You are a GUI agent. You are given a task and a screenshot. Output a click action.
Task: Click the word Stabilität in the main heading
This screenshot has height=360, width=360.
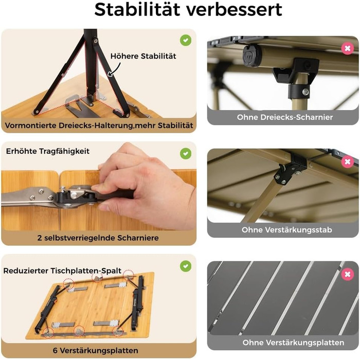pos(137,9)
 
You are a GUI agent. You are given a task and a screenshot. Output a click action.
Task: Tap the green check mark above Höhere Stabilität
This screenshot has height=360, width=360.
pos(186,41)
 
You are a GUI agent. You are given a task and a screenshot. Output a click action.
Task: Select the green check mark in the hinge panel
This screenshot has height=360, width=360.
pos(186,153)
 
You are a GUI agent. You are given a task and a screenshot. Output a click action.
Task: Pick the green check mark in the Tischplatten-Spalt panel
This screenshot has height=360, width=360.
pos(186,266)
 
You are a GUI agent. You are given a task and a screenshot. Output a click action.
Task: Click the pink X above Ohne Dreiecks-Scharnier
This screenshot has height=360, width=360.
pos(348,48)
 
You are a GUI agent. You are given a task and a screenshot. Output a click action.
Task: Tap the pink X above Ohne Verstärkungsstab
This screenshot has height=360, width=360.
pos(348,161)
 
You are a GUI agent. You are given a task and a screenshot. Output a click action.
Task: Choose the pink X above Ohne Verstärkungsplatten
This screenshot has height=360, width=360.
pos(348,274)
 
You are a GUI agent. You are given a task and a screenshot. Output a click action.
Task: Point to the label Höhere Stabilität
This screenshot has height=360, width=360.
pos(143,56)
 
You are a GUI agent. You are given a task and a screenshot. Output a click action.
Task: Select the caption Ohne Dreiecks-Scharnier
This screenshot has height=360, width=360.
pos(285,117)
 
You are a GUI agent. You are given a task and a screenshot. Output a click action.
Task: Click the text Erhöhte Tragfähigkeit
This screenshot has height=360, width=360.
pos(48,151)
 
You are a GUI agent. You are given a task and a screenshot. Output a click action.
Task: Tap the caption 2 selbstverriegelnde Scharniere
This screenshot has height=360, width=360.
pos(98,238)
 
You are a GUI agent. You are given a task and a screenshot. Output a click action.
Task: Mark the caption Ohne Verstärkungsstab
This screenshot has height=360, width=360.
pos(287,230)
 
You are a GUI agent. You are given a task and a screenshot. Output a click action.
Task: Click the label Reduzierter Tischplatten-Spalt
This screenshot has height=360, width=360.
pos(62,271)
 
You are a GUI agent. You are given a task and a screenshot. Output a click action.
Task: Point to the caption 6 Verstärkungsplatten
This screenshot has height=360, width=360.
pos(96,351)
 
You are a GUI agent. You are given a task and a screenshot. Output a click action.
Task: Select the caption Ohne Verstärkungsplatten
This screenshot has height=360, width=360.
pos(293,343)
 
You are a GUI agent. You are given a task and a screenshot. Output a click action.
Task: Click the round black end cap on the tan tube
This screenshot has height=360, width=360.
pos(252,56)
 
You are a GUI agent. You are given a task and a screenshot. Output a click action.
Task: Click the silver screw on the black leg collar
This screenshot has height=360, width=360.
pos(305,92)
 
